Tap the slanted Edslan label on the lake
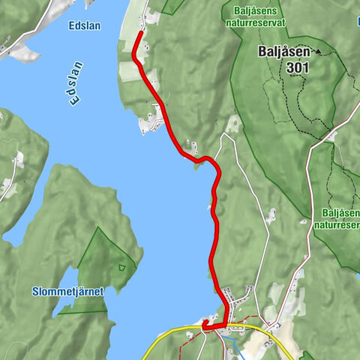pyautogui.click(x=71, y=83)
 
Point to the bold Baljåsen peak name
pyautogui.click(x=285, y=52)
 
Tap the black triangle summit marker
pyautogui.click(x=318, y=51)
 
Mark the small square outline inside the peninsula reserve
pyautogui.click(x=121, y=266)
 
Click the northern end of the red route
pyautogui.click(x=140, y=33)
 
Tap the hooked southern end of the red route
pyautogui.click(x=203, y=323)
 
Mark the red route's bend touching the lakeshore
pyautogui.click(x=199, y=159)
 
